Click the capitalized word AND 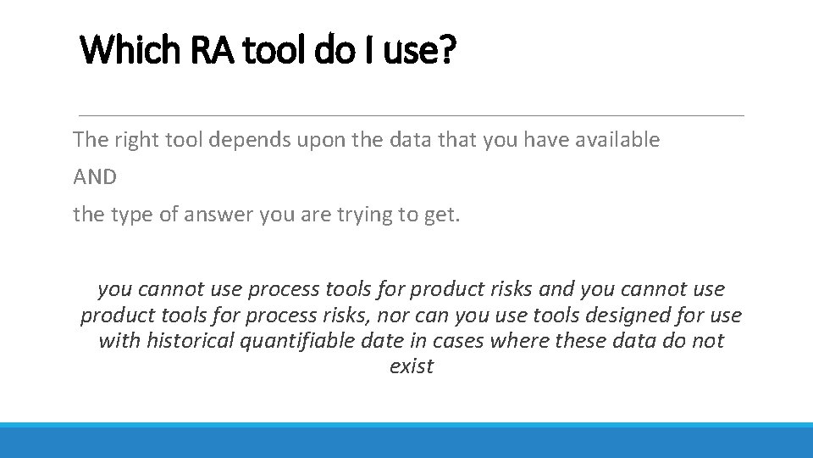tap(95, 177)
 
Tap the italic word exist tap(412, 366)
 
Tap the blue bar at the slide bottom tap(406, 440)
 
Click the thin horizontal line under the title tap(411, 114)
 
